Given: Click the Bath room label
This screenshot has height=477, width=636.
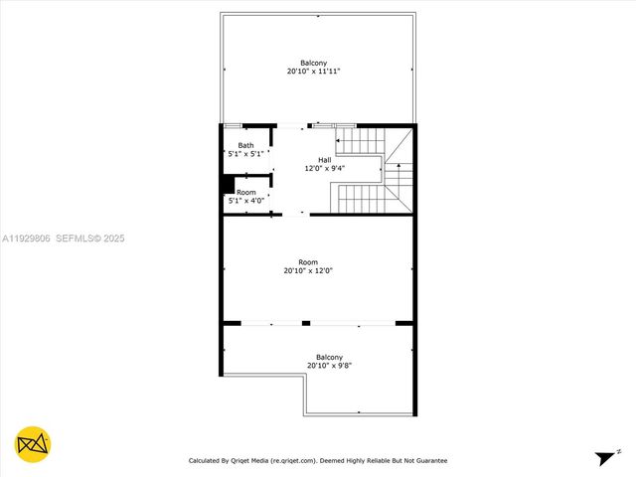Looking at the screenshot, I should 245,145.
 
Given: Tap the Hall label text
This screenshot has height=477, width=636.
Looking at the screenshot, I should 324,160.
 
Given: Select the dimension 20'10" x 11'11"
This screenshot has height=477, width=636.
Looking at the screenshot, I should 314,72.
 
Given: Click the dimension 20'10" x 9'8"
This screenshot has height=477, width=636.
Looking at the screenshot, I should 329,366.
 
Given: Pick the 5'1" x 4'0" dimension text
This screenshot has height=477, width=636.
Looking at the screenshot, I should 245,201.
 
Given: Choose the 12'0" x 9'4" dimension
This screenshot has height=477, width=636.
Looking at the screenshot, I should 324,169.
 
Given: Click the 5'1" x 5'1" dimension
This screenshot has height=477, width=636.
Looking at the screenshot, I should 245,154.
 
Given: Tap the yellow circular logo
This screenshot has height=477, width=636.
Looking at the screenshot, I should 34,444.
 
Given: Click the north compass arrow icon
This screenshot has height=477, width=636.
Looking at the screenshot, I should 605,458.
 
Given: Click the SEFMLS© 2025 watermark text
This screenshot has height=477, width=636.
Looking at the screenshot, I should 90,238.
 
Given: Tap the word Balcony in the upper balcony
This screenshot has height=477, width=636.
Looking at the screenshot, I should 314,63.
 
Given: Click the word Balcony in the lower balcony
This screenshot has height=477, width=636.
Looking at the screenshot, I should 329,357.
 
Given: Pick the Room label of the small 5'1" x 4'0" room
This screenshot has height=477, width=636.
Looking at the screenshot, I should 245,192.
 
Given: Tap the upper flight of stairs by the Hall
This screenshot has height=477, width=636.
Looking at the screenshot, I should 361,141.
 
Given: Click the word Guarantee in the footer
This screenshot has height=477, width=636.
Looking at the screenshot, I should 428,460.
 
